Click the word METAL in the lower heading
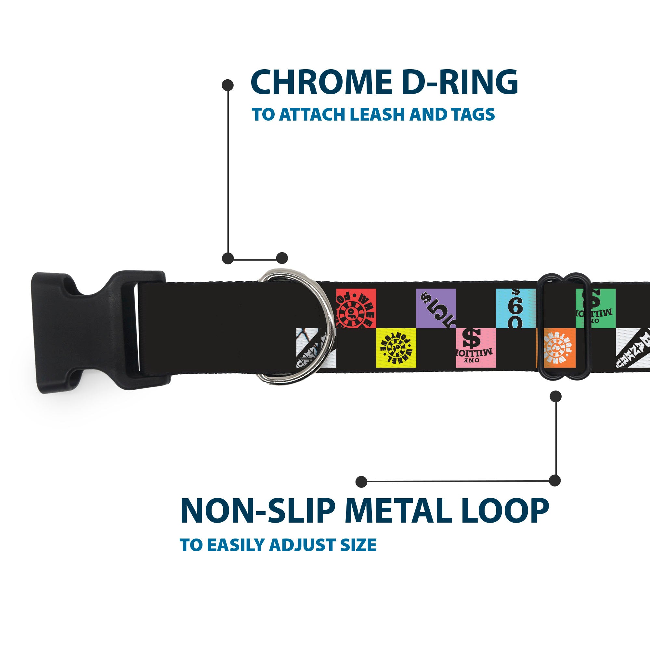(399, 511)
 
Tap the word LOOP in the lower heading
(505, 511)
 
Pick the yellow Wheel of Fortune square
(396, 348)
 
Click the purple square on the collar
(436, 308)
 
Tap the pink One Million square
(475, 348)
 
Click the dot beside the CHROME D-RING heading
(228, 85)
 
